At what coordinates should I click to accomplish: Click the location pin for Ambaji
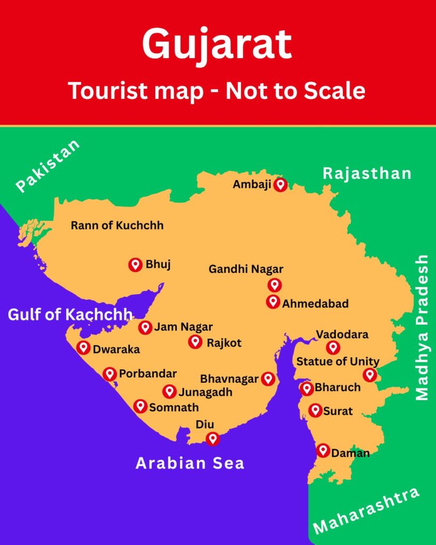[280, 185]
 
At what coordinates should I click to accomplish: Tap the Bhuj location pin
[135, 265]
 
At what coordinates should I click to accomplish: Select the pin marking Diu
[213, 439]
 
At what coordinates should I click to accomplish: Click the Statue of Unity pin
[369, 375]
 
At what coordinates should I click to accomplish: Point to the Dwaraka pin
[83, 348]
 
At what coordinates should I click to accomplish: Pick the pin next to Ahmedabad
[273, 302]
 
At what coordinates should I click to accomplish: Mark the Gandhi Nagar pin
[275, 285]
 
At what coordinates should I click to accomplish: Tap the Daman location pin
[323, 450]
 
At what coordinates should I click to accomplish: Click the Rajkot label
[224, 343]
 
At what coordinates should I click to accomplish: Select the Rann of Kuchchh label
[117, 226]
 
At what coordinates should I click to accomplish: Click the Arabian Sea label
[190, 463]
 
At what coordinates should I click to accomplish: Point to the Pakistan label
[48, 166]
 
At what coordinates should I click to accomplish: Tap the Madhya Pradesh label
[422, 327]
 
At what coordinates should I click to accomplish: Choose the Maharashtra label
[366, 510]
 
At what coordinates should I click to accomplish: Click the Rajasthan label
[367, 174]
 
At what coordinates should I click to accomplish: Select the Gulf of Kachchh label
[70, 315]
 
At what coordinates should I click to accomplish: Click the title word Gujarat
[217, 45]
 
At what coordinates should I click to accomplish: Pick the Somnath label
[174, 408]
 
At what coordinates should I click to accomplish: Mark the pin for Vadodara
[333, 348]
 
